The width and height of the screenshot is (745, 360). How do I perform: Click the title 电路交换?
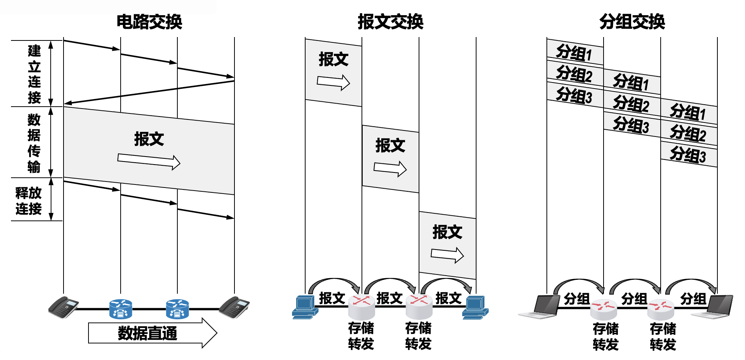pos(149,22)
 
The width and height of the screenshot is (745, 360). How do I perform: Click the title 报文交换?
pos(390,22)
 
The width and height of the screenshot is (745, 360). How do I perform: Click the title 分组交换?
pos(632,22)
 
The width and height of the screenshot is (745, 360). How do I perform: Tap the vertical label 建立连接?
pos(34,74)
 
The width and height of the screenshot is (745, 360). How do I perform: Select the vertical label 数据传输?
pos(34,143)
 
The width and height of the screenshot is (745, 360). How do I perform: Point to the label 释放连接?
pos(28,200)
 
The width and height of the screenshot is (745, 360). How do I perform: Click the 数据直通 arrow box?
pos(151,333)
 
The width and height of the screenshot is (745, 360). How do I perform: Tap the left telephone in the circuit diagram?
pos(64,307)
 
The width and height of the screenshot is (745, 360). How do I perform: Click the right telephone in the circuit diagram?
pos(234,307)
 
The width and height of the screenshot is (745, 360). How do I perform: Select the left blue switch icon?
pos(121,309)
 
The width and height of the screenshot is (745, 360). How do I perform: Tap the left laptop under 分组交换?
pos(541,306)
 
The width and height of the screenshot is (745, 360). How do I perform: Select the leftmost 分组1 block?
pos(574,53)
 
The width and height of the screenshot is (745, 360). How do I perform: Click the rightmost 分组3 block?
pos(688,154)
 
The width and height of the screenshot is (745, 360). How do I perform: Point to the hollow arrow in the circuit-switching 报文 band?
pos(149,161)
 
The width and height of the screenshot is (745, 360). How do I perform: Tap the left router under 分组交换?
pos(604,309)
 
